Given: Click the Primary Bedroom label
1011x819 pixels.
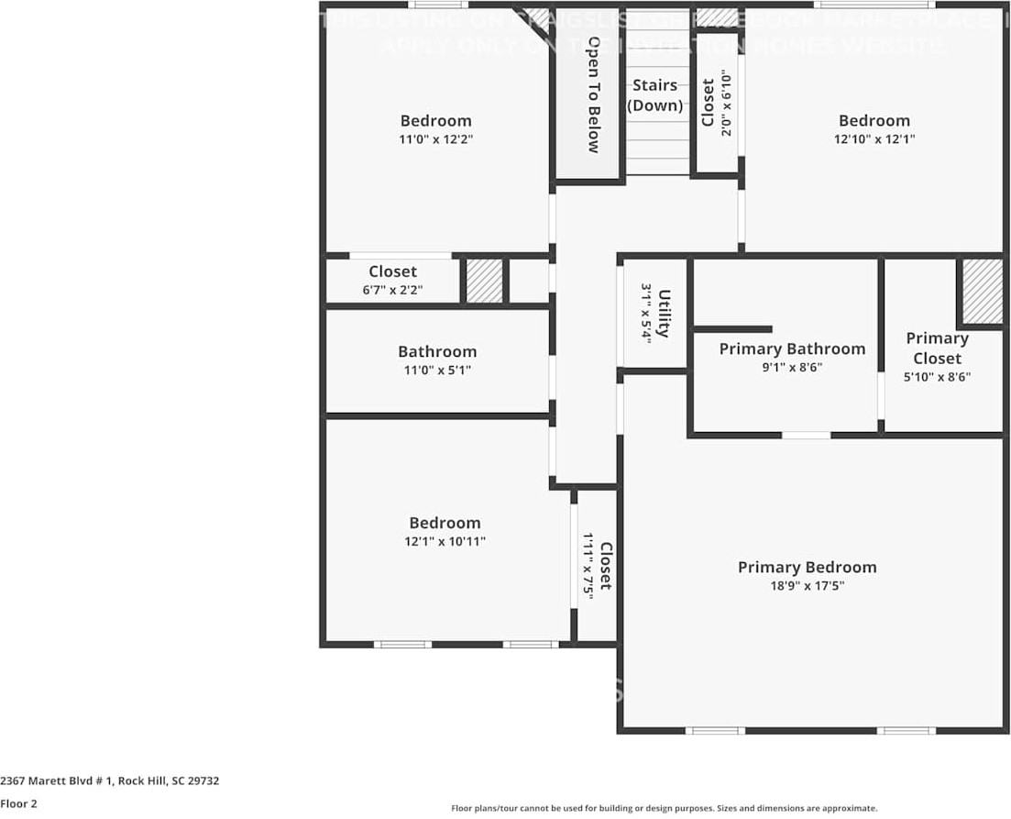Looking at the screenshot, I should point(807,568).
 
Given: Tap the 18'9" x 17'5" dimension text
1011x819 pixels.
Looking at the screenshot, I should point(807,586).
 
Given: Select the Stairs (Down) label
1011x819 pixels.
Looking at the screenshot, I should point(654,95).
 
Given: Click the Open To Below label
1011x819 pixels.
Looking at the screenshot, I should point(593,94).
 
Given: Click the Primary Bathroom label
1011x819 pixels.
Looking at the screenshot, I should point(792,349).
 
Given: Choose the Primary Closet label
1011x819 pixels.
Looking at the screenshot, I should point(937,349).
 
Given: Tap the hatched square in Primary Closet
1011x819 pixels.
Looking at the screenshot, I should point(982,291).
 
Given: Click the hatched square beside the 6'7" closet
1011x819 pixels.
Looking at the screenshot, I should point(485,281).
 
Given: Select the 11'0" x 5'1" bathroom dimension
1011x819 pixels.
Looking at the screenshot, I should point(436,371).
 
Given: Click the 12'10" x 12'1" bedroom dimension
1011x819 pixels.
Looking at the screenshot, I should point(874,139).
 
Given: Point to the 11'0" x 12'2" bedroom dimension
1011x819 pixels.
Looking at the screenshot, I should point(436,139).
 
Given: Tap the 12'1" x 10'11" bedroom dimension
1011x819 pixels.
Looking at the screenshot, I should point(445,542).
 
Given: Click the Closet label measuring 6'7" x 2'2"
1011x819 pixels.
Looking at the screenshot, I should point(392,271).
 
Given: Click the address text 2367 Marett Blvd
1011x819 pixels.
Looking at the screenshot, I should point(109,781).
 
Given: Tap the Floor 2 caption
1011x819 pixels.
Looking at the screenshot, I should point(18,803).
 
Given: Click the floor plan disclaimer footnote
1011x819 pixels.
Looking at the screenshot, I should point(664,808).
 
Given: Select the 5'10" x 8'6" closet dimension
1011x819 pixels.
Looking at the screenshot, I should point(937,377).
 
